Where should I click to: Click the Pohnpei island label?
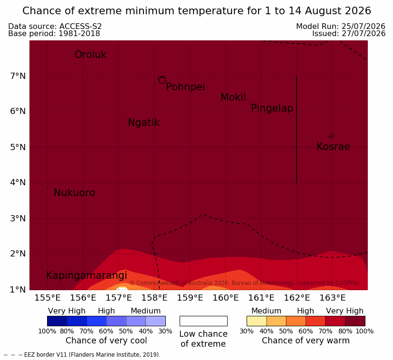(185, 87)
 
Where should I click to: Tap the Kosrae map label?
(333, 147)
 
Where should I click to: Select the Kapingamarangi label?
(86, 275)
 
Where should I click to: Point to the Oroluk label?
(90, 54)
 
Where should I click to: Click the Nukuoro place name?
(75, 193)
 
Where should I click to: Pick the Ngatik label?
(144, 123)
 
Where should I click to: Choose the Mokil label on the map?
(233, 97)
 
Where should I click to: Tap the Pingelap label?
(272, 108)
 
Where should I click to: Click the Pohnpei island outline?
(162, 80)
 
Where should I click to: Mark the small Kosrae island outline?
(331, 136)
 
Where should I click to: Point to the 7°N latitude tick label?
(18, 76)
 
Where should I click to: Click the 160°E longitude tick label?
(226, 298)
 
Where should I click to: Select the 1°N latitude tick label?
(18, 290)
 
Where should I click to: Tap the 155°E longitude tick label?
(48, 298)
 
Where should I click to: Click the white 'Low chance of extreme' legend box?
(203, 321)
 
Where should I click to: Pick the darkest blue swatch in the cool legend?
(57, 321)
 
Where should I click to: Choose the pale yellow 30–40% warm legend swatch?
(257, 321)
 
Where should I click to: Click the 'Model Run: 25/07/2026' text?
(341, 26)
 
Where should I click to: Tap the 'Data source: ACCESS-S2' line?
(55, 26)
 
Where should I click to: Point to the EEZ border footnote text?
(82, 355)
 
